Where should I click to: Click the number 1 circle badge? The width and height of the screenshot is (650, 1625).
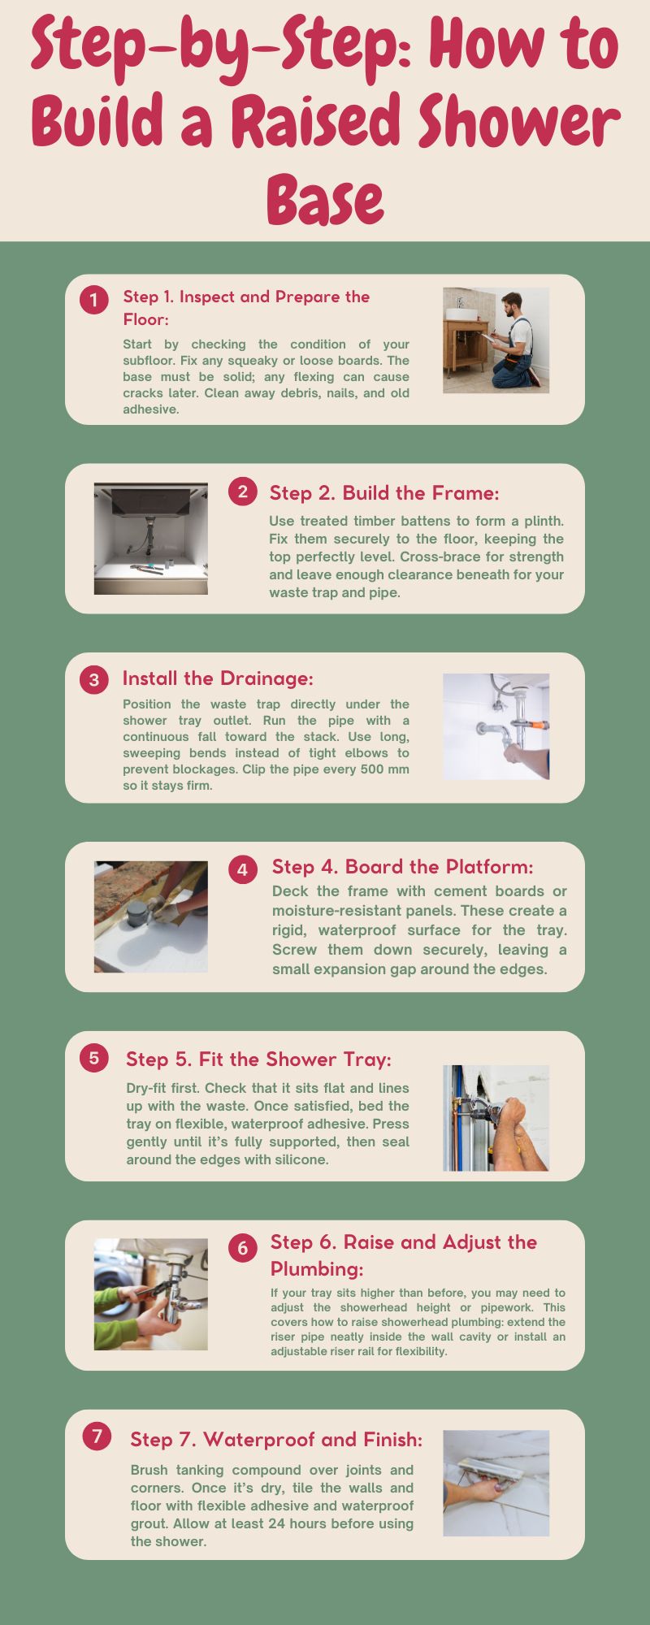pos(93,300)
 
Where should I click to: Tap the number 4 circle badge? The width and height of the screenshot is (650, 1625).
pos(242,870)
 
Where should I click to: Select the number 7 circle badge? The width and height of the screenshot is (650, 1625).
pos(97,1436)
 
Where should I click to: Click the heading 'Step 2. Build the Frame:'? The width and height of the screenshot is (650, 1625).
pos(383,493)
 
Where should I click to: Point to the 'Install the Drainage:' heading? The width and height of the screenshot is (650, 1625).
pos(218,678)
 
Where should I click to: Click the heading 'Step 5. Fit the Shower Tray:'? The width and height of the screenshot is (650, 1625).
pos(258,1059)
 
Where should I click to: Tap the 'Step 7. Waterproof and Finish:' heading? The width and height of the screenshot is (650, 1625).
pos(276,1440)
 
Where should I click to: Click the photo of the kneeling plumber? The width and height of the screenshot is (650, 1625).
pos(496,340)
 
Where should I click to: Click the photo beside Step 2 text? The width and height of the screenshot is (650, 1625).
pos(150,538)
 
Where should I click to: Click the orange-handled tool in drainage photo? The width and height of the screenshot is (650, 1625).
pos(535,726)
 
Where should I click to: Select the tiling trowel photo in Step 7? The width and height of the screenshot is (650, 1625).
pos(496,1483)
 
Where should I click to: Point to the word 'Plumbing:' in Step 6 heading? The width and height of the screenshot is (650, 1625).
pos(317,1268)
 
